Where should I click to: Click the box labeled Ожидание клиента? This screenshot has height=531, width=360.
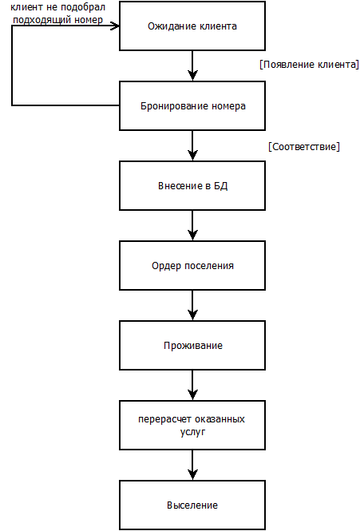[192, 26]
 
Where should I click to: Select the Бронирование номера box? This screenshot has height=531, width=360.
[192, 105]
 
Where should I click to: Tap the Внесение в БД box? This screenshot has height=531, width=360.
[192, 185]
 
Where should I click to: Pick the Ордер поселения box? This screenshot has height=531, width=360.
[192, 265]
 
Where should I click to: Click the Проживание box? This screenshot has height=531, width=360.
[192, 346]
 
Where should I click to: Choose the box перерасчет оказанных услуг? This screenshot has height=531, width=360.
[192, 426]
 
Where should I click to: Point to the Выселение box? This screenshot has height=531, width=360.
[192, 505]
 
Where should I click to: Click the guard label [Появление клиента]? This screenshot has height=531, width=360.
[309, 65]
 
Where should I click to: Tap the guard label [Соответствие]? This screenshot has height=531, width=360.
[304, 147]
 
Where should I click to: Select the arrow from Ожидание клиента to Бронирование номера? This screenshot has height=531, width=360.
[192, 65]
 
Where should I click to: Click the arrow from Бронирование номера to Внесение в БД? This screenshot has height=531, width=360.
[192, 145]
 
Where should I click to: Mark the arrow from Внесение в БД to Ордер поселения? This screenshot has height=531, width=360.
[192, 225]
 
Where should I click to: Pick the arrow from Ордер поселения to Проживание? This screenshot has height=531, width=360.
[192, 306]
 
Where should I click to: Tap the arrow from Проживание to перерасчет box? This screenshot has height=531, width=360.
[192, 386]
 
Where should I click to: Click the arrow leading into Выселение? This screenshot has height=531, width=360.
[192, 466]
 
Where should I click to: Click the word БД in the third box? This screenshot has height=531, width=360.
[221, 185]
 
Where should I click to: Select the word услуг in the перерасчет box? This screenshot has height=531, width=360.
[192, 432]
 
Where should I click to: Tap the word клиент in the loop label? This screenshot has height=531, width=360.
[26, 7]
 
